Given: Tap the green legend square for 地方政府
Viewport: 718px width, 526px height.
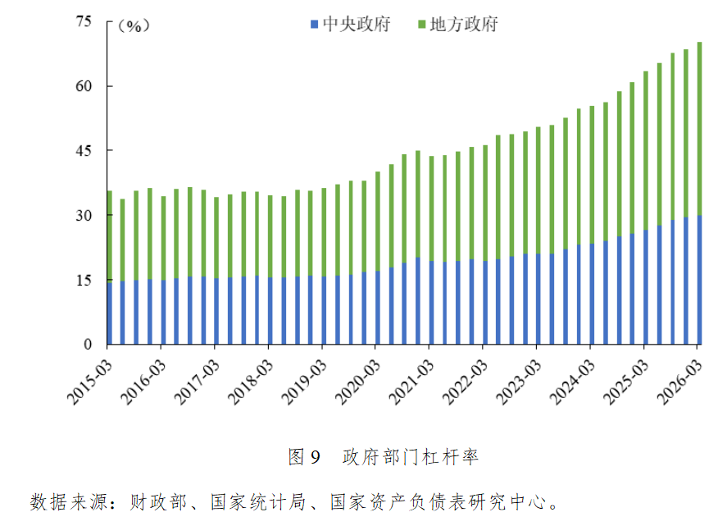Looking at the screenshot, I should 421,25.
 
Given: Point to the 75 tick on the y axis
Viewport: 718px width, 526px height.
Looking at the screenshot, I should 84,22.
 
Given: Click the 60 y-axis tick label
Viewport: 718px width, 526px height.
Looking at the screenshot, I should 84,86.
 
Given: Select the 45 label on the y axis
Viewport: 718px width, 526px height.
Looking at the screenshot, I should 84,151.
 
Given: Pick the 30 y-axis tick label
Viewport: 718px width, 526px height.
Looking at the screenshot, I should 84,215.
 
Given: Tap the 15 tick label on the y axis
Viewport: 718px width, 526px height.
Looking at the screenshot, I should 84,280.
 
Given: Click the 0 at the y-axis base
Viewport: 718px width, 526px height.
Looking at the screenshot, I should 89,344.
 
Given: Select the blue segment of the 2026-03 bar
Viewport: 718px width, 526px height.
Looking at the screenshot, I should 699,279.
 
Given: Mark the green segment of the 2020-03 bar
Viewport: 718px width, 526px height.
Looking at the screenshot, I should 378,222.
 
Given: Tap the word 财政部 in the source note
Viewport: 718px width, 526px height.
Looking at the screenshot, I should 154,501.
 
